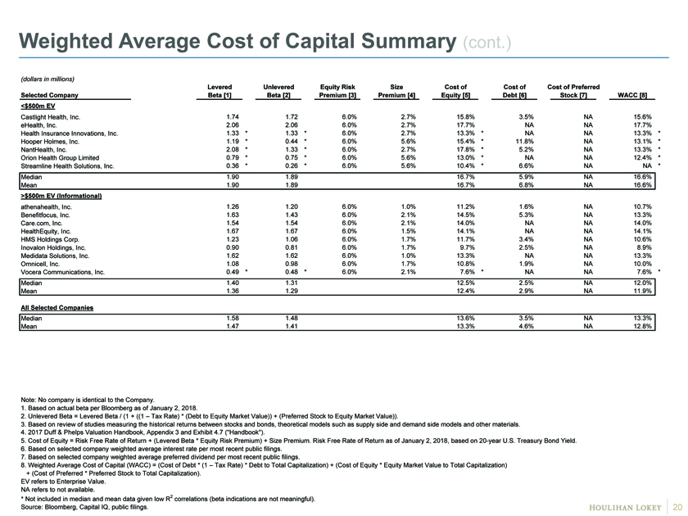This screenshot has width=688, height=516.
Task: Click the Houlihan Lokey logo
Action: pos(625,507)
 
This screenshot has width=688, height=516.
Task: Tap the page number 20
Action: pos(677,507)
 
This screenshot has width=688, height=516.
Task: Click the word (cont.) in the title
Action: pos(487,43)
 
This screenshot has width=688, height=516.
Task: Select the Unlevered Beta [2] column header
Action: pos(278,91)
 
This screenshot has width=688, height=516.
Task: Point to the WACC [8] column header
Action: pos(632,95)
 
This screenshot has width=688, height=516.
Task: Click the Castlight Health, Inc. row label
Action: pos(51,117)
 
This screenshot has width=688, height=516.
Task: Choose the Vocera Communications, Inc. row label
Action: pos(63,272)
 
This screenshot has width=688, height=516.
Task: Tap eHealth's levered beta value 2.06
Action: pos(233,125)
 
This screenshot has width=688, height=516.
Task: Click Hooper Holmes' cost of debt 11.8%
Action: pos(526,141)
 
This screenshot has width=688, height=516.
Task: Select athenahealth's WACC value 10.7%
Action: pos(643,206)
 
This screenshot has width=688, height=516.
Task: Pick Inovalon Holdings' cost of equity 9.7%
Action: pos(468,247)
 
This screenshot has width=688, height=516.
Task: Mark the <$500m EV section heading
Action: pos(38,106)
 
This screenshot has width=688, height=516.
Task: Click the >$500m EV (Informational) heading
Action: pos(61,196)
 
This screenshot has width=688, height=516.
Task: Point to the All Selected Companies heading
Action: pos(57,308)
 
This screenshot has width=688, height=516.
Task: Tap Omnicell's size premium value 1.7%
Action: pos(409,264)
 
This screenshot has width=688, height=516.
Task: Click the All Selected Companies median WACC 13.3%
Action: pos(643,318)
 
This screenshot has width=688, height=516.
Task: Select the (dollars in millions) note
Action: pos(48,79)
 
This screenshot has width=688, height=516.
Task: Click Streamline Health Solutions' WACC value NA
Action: pos(647,165)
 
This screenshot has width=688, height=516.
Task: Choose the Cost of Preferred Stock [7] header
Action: pos(573,91)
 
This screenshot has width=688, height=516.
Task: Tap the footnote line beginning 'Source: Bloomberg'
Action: pos(84,507)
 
